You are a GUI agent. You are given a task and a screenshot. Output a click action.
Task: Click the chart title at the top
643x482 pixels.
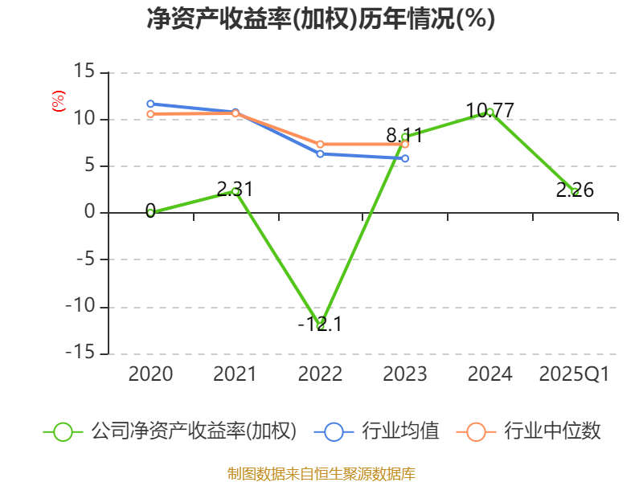coord(321,19)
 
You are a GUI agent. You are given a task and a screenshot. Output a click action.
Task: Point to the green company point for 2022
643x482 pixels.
coord(320,325)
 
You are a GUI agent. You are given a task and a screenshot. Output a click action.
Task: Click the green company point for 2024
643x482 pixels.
coord(490,112)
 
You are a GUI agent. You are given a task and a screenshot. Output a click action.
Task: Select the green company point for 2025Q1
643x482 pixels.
coord(575,191)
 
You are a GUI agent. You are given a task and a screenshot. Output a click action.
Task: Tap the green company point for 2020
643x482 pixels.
coord(150,212)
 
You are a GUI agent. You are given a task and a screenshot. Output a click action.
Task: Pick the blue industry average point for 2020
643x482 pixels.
coord(150,104)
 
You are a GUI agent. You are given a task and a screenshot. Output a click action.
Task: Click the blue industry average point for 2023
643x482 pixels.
coord(405,158)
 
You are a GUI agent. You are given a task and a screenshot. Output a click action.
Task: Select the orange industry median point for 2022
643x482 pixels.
coord(320,144)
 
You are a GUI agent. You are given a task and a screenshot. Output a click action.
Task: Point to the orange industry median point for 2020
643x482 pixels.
coord(150,114)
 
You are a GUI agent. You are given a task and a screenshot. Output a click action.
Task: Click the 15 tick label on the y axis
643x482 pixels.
coord(84,72)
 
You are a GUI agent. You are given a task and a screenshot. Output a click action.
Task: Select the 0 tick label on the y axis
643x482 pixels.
coord(90,213)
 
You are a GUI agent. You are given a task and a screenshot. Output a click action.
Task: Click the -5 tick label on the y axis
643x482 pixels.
coord(83,260)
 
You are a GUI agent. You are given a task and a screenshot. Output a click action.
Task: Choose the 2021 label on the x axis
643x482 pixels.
coord(235,374)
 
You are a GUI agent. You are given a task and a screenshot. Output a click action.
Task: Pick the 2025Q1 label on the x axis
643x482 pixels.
coord(575,374)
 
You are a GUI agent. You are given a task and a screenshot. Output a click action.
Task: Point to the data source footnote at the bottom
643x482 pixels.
coord(321,473)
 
